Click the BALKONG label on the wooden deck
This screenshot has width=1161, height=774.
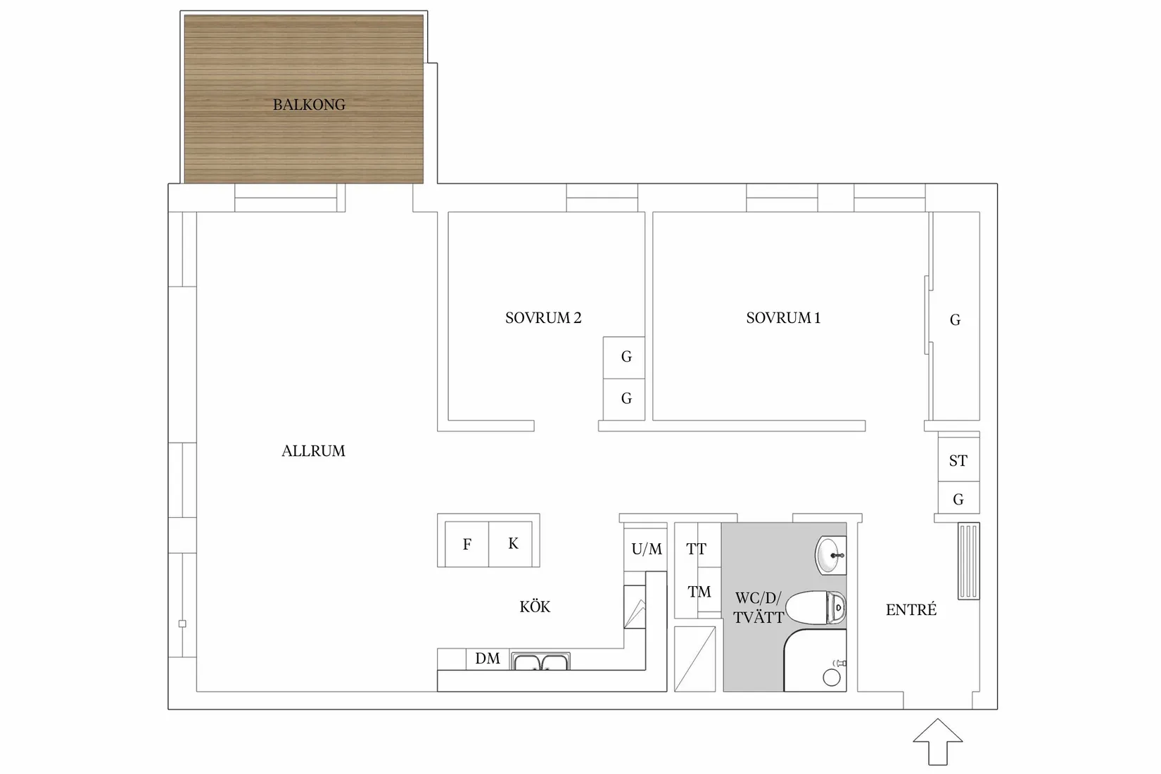[309, 105]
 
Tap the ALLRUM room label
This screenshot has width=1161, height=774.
[313, 451]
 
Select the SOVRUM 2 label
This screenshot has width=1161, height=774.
[543, 318]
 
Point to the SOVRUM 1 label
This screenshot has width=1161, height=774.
[783, 318]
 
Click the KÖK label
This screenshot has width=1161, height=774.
[535, 606]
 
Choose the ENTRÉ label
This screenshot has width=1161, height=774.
[911, 609]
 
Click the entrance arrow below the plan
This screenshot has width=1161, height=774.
[938, 742]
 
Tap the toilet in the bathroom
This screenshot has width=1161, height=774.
[816, 607]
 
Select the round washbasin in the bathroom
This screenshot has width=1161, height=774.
[831, 555]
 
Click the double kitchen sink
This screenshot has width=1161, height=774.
[540, 661]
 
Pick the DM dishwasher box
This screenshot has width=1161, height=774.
[487, 659]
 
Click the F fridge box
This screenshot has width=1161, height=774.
[467, 544]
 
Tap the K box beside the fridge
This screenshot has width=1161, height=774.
[511, 544]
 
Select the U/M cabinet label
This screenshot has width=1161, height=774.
[647, 549]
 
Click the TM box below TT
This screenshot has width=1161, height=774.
[698, 592]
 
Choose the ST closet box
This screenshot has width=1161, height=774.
[958, 460]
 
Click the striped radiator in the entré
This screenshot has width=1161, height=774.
[969, 561]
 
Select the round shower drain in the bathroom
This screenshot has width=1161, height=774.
[832, 678]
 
